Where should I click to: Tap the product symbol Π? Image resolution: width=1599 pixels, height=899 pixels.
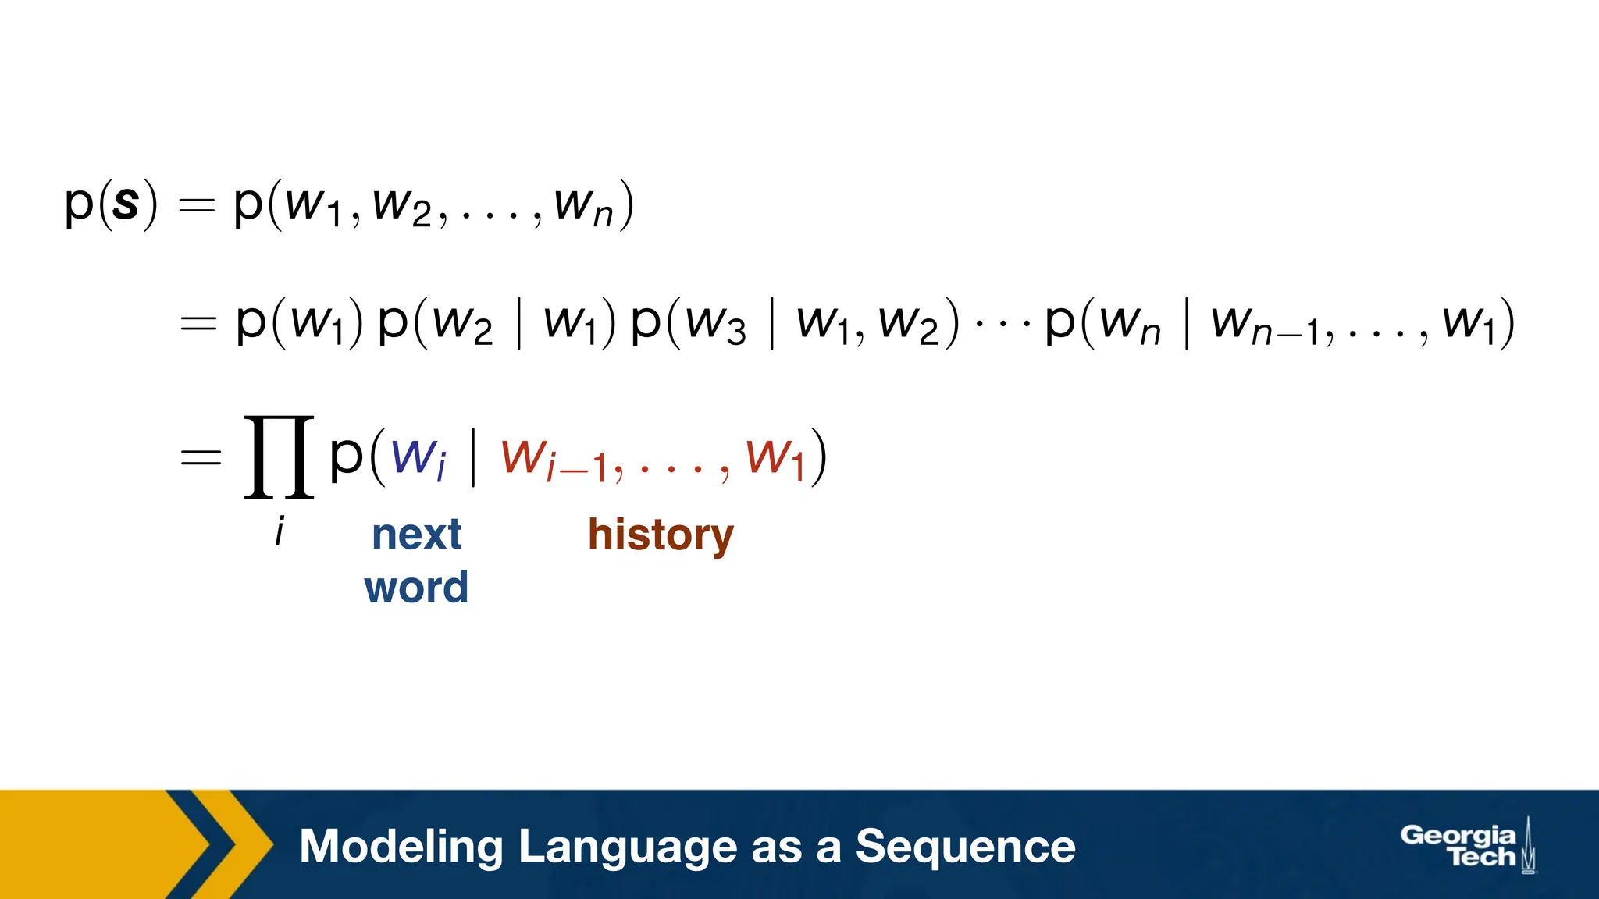coord(279,457)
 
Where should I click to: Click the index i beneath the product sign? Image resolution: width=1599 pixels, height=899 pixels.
coord(280,532)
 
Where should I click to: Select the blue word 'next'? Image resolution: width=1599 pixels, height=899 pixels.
coord(416,535)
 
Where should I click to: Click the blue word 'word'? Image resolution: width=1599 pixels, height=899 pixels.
coord(416,588)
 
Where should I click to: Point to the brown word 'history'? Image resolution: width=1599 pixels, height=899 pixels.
coord(661,536)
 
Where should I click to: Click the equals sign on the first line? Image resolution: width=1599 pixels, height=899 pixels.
coord(197,205)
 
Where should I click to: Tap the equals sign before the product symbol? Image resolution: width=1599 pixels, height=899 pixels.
coord(201,457)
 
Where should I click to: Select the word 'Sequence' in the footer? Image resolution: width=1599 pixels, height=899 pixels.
coord(965,847)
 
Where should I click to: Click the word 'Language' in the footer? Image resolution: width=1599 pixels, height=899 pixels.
coord(627,847)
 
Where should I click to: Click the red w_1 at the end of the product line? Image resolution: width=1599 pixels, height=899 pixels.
coord(775,458)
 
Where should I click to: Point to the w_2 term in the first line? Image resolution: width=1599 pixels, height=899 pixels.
coord(401,205)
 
